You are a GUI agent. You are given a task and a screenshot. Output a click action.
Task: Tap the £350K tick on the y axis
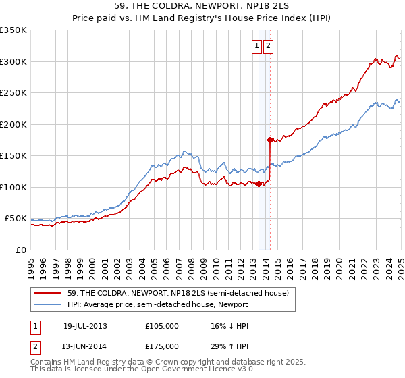coord(14,30)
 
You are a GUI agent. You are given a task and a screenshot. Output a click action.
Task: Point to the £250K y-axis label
coord(14,93)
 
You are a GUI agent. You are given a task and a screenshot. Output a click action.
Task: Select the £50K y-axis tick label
coord(16,219)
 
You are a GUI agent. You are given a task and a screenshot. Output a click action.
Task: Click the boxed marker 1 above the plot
coord(257,46)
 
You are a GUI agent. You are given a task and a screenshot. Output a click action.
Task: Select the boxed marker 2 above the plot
coord(268,46)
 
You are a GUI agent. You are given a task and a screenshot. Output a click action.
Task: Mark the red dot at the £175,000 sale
coord(270,140)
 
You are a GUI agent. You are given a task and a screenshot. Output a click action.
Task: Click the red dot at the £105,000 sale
coord(259,184)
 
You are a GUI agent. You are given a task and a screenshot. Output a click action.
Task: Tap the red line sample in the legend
coord(49,293)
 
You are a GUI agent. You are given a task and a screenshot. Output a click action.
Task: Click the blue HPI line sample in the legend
coord(49,305)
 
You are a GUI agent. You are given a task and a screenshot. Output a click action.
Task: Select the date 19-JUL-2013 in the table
coord(85,326)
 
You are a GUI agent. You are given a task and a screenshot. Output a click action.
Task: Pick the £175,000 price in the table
coord(162,346)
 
